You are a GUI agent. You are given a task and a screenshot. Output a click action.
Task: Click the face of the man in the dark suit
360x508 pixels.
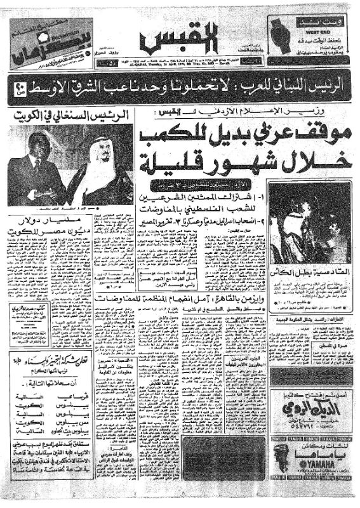pyautogui.click(x=37, y=149)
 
